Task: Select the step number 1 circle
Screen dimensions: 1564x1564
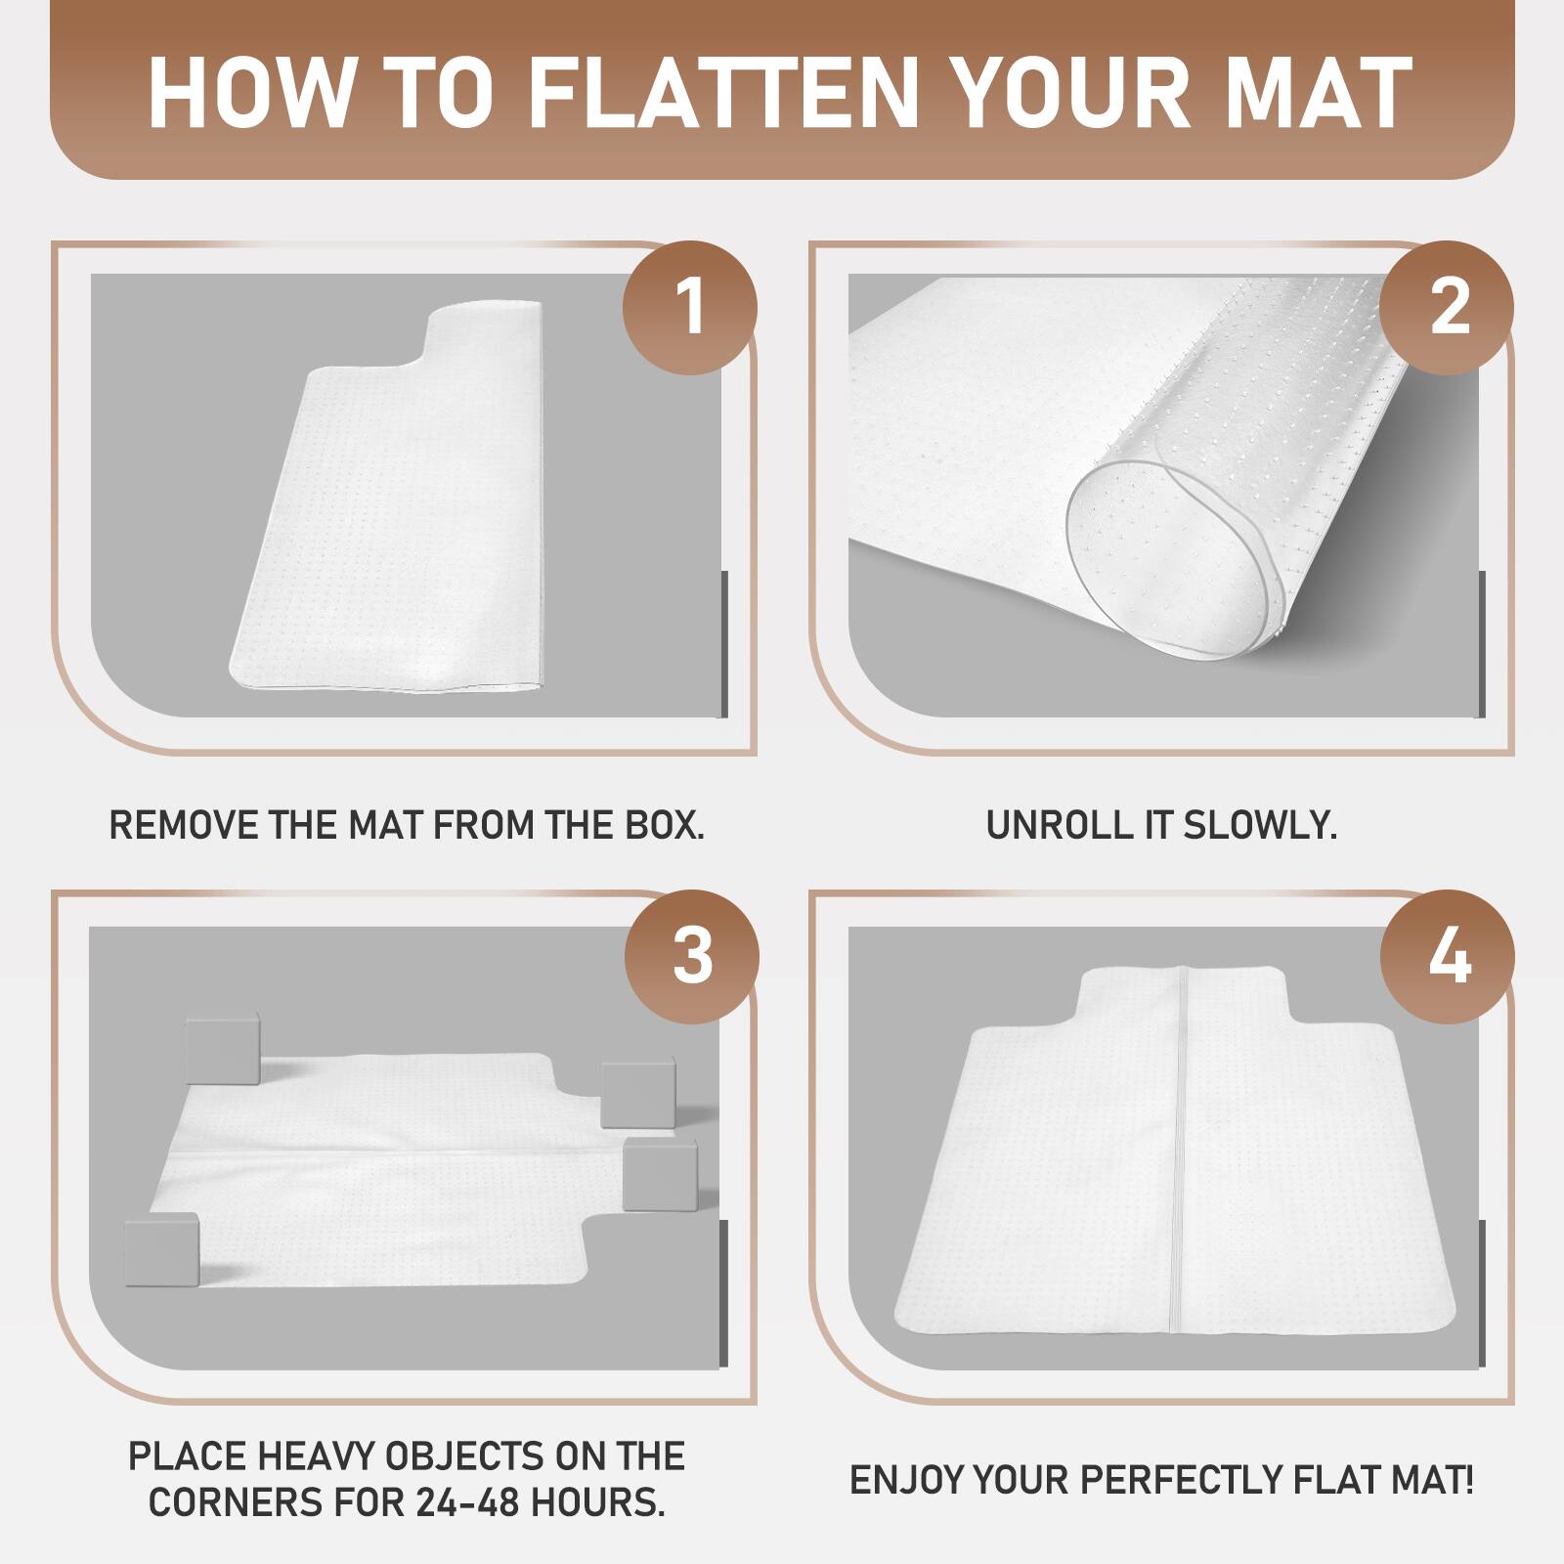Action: tap(690, 307)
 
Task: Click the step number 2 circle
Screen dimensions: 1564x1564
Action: tap(1448, 307)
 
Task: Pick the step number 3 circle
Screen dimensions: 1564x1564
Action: tap(691, 957)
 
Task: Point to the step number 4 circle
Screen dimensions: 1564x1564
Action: tap(1448, 957)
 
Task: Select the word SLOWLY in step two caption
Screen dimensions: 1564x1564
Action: tap(1259, 825)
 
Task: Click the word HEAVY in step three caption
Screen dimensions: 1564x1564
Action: tap(316, 1456)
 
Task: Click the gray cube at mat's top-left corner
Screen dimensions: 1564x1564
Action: tap(223, 1049)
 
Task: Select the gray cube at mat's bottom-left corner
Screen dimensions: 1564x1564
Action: tap(162, 1249)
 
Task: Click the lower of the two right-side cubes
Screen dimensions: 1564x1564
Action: tap(660, 1173)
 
